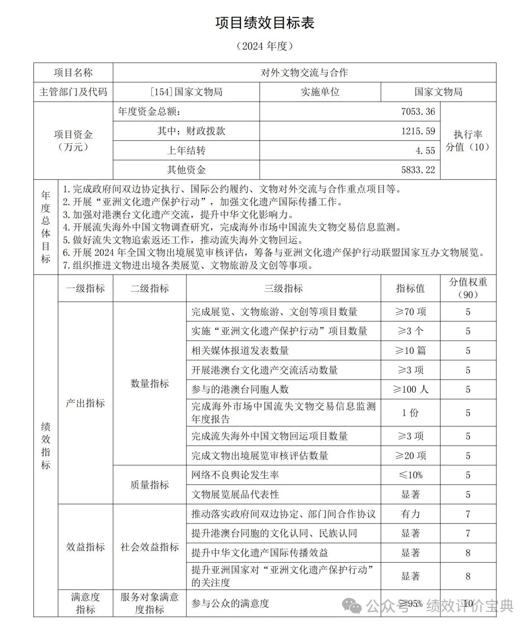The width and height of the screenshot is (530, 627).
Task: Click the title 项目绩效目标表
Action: [x=265, y=23]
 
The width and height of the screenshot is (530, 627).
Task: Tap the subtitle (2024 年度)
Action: [x=265, y=46]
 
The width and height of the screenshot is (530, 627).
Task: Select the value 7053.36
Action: [x=418, y=111]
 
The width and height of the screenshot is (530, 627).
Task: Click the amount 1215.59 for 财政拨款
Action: [x=418, y=131]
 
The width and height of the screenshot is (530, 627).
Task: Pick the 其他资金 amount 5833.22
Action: [x=418, y=170]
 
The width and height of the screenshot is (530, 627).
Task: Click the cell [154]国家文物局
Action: [x=186, y=92]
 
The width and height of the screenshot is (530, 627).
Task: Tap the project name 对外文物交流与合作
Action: [x=304, y=73]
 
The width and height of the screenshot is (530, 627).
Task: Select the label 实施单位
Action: [x=320, y=92]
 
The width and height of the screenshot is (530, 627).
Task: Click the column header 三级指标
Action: [x=283, y=288]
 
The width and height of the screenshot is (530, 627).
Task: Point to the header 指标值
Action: [x=410, y=288]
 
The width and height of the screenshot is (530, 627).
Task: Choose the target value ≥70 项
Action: [x=410, y=312]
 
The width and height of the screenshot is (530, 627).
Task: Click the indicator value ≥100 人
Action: [x=410, y=389]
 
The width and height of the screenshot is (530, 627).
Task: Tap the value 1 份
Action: [x=410, y=413]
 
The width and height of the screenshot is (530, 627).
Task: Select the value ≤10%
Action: [x=410, y=475]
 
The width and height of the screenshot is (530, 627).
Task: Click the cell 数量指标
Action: [x=150, y=383]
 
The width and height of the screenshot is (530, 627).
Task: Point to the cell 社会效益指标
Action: [x=150, y=547]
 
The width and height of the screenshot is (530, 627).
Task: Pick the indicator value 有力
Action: [x=410, y=514]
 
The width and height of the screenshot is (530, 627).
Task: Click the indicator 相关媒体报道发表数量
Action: [x=240, y=351]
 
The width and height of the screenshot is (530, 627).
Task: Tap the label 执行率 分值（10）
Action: [x=468, y=140]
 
